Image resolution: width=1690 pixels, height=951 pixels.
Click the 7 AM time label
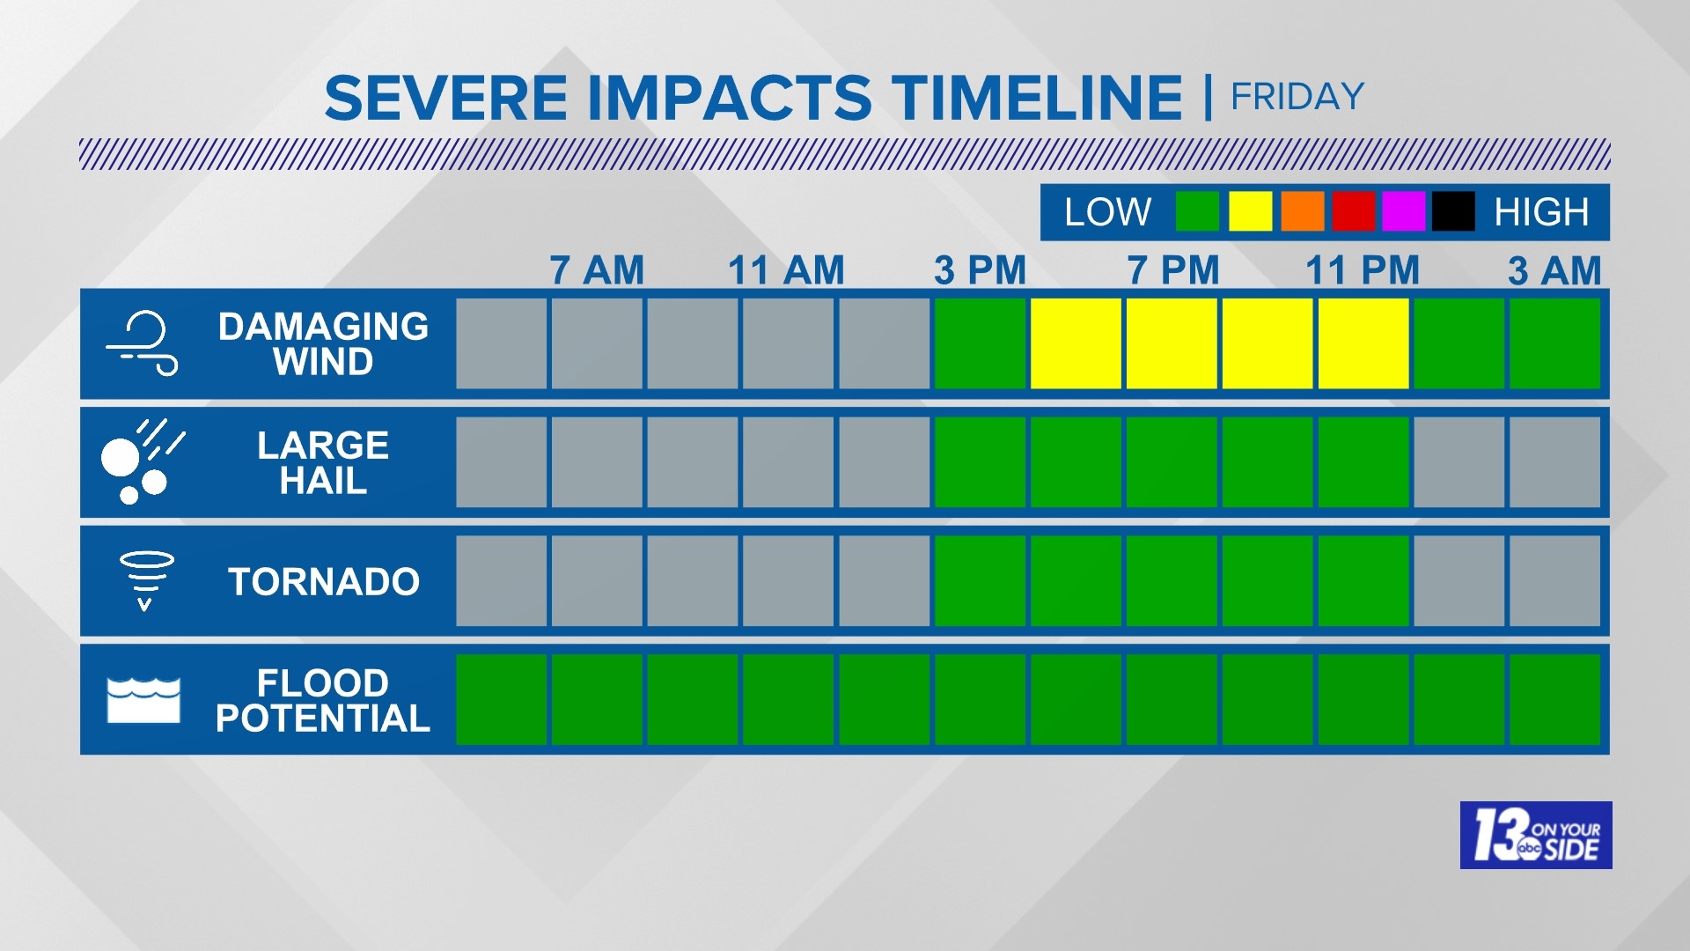[597, 270]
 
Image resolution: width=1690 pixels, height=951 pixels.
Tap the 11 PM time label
[1363, 270]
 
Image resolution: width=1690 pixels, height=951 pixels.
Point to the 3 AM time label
[1554, 270]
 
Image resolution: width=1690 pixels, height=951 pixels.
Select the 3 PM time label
[980, 270]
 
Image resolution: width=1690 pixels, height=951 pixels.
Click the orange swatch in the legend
[1302, 212]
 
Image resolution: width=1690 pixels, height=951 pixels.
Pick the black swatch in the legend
[1453, 212]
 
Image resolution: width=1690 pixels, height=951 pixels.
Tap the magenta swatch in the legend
[1403, 212]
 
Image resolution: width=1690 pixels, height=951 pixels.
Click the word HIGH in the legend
[1541, 212]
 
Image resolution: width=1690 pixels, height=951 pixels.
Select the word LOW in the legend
[1107, 212]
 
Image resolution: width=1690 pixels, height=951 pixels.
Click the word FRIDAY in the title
[1297, 97]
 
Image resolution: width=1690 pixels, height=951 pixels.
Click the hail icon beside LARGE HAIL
[142, 461]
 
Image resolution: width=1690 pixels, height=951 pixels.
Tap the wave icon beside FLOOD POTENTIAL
[143, 700]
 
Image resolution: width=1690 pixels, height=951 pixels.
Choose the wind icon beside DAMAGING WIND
[143, 343]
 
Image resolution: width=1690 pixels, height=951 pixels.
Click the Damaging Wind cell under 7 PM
[1172, 343]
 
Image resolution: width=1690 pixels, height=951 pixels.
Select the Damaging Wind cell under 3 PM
[980, 343]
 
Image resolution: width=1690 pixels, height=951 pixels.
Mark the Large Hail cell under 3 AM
[1554, 462]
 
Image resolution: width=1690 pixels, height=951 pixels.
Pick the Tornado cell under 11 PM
[1363, 581]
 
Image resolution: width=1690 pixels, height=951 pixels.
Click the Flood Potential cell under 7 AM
[597, 699]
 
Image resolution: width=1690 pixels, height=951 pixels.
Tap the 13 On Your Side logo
[1536, 835]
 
